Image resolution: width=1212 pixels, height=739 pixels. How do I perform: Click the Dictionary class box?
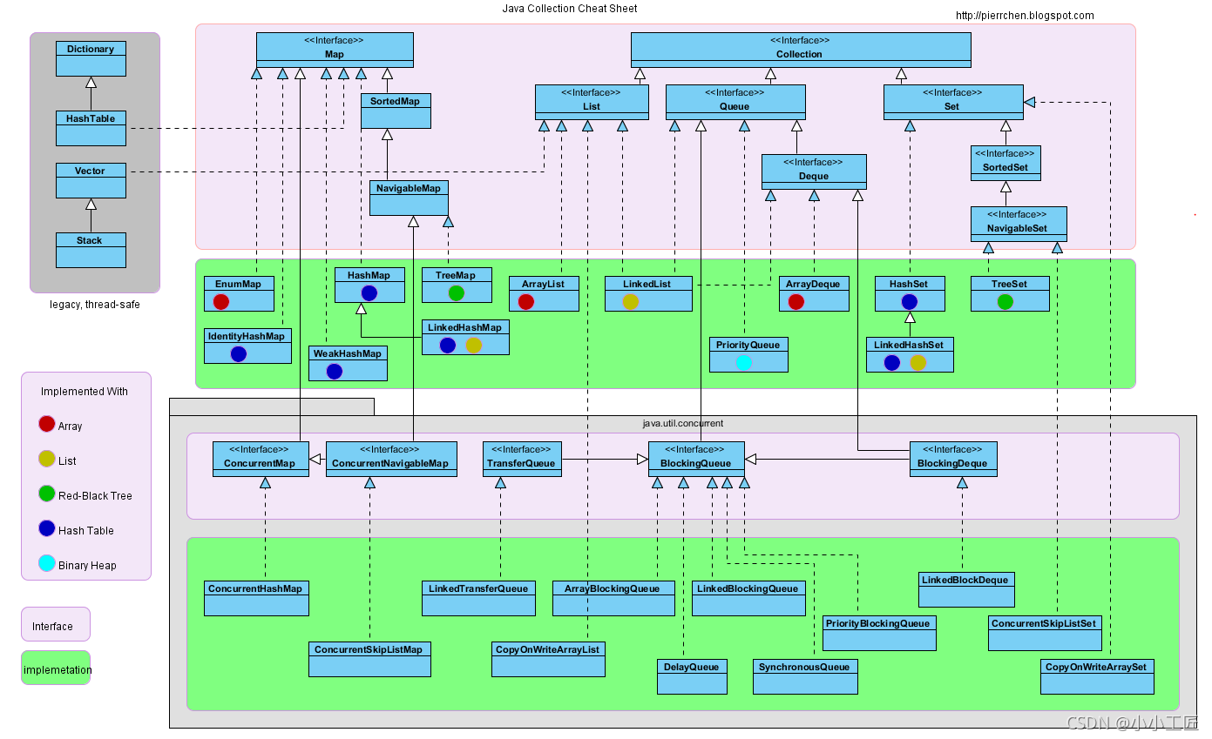point(91,58)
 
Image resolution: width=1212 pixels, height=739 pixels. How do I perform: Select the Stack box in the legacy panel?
point(91,250)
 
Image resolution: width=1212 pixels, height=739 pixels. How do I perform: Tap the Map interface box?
point(335,50)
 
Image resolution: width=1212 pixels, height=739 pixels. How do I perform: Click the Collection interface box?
point(800,50)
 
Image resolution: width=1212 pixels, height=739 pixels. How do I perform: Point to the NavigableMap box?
point(409,198)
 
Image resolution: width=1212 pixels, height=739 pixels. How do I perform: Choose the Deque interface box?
point(814,171)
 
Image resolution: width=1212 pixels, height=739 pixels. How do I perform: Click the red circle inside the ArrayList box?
point(525,301)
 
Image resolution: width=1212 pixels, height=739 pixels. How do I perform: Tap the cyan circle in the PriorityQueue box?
point(744,362)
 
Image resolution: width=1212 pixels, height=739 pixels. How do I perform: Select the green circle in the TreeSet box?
point(1005,301)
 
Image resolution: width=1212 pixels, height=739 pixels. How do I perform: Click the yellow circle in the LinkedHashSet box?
point(917,362)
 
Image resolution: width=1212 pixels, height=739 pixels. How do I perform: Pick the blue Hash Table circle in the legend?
point(47,529)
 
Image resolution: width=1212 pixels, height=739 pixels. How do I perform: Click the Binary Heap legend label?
point(87,565)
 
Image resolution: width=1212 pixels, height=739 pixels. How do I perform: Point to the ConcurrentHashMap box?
point(256,598)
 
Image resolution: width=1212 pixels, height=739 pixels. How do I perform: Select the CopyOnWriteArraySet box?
point(1097,676)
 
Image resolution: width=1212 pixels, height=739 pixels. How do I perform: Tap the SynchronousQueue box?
point(805,676)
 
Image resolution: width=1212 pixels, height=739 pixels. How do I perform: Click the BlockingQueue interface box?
point(696,459)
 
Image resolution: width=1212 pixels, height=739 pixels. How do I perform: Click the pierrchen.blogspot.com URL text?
point(1025,16)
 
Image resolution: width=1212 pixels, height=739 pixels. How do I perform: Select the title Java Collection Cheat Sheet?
point(569,9)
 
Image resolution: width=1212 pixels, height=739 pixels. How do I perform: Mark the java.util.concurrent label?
point(682,423)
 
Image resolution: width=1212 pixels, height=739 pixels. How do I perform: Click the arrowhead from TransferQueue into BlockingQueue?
point(642,459)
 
